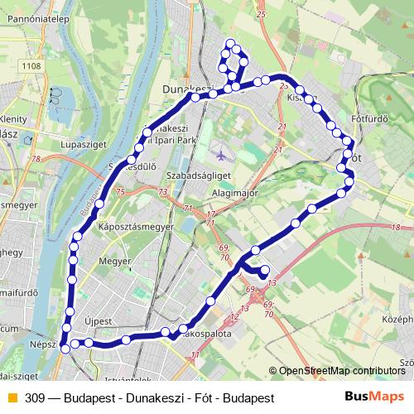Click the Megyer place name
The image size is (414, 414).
[110, 264]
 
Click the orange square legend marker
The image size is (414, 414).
[12, 397]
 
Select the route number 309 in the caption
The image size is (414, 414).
[36, 397]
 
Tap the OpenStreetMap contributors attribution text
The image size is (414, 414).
[342, 371]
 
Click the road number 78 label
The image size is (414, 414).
[34, 159]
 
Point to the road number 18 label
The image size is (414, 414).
[395, 227]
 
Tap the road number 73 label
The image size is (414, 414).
[162, 192]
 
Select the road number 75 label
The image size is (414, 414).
[121, 192]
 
